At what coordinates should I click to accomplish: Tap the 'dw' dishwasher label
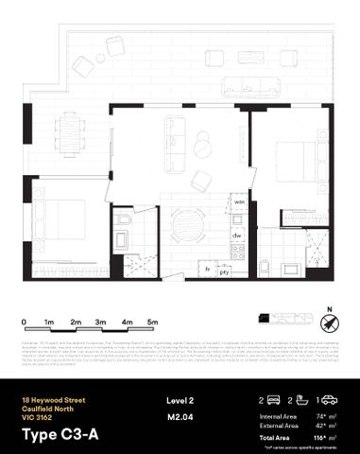pyautogui.click(x=240, y=235)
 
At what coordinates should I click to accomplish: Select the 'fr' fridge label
pyautogui.click(x=208, y=270)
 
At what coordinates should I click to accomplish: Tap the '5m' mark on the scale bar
pyautogui.click(x=152, y=323)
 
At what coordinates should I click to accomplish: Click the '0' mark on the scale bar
pyautogui.click(x=24, y=323)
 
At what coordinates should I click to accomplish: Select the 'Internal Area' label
pyautogui.click(x=279, y=415)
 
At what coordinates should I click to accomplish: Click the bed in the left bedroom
pyautogui.click(x=63, y=223)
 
